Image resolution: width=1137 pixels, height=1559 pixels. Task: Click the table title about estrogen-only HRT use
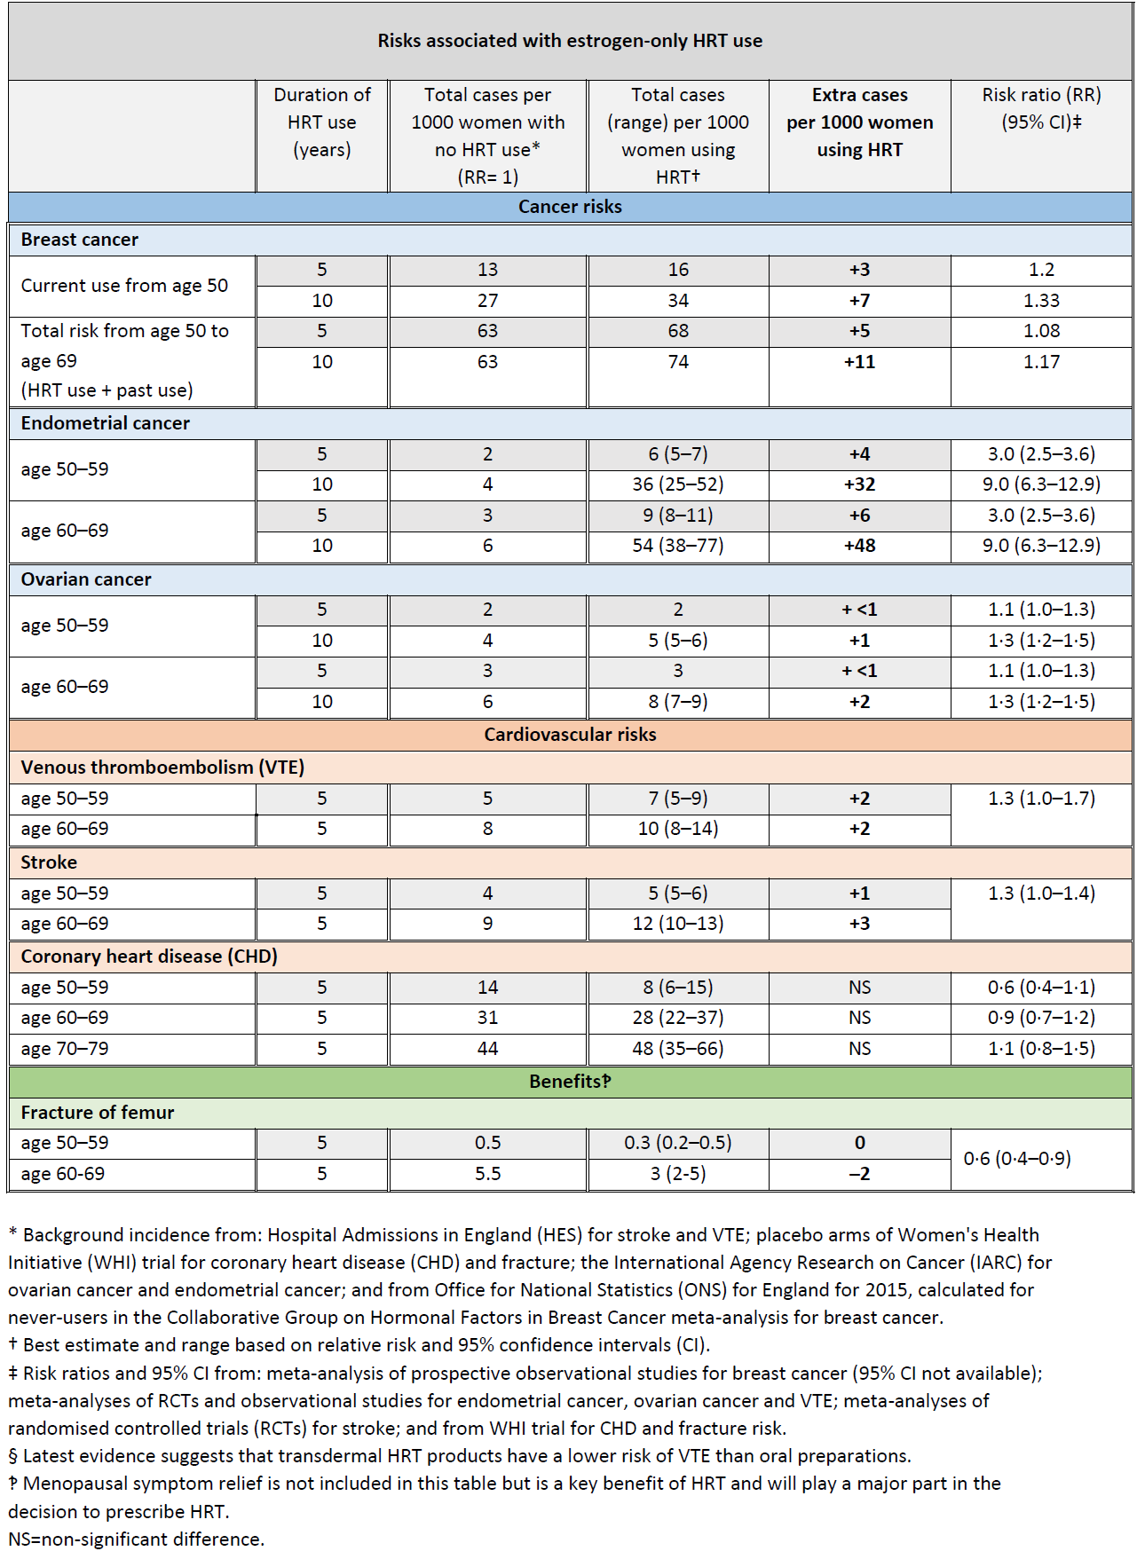point(570,41)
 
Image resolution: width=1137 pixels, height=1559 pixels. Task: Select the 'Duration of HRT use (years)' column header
point(321,122)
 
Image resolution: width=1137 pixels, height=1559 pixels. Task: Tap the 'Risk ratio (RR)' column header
point(1041,108)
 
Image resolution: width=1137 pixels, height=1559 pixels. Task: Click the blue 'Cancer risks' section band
point(570,207)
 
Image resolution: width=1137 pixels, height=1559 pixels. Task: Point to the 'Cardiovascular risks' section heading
point(570,735)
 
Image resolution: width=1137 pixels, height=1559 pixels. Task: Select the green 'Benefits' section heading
point(570,1081)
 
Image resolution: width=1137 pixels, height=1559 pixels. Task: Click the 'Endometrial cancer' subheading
point(105,423)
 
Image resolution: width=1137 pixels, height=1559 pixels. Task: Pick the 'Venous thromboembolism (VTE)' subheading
point(162,768)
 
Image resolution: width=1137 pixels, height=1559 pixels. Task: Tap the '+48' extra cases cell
point(859,546)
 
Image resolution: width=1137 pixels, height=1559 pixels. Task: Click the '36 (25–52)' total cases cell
point(678,484)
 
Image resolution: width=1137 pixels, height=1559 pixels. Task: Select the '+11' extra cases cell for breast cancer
point(859,362)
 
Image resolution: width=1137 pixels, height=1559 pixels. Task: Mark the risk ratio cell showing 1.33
point(1041,301)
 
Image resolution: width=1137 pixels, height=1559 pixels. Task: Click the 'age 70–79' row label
point(65,1049)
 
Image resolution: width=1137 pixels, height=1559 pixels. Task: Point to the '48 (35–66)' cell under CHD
point(678,1049)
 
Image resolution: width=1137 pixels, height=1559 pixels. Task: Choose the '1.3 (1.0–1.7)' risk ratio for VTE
point(1041,799)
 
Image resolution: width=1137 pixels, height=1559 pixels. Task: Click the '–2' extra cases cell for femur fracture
point(859,1174)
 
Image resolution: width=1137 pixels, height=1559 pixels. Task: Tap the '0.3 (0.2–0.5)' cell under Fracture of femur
point(678,1143)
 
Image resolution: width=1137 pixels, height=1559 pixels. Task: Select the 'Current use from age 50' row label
point(124,286)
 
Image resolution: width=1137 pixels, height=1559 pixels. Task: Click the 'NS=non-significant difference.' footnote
point(136,1539)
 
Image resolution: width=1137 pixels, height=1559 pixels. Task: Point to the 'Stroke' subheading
point(49,862)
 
